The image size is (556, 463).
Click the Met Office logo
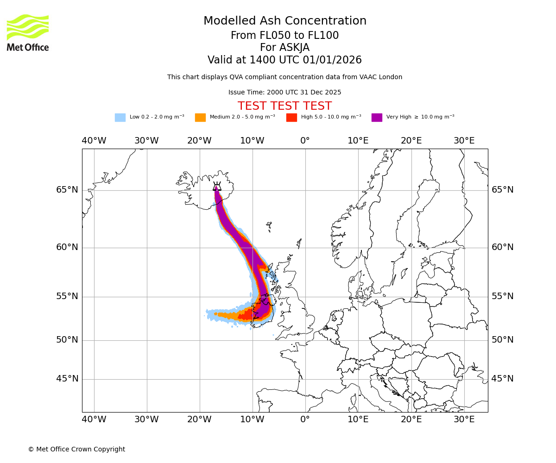point(28,32)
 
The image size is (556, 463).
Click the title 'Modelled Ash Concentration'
point(284,21)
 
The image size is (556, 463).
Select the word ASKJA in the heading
point(284,48)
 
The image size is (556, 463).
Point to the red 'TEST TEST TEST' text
point(284,106)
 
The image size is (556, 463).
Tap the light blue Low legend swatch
point(120,118)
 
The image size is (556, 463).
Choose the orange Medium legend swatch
point(200,118)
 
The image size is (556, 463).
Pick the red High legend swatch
point(291,118)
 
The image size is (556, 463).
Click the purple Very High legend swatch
point(377,118)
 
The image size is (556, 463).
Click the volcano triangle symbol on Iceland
point(217,187)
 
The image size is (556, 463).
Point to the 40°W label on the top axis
point(94,141)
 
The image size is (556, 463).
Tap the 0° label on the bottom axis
point(305,419)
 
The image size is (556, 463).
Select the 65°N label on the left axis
point(67,190)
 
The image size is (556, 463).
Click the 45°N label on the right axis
point(502,379)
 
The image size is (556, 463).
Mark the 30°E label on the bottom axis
point(464,419)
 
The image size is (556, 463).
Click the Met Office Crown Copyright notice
point(76,449)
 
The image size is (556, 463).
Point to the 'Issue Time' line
point(284,92)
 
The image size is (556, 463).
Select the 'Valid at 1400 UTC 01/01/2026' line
point(284,60)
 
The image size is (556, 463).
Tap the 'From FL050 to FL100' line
point(284,36)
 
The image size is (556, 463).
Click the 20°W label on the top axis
point(200,141)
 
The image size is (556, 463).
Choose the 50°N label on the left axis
point(67,340)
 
